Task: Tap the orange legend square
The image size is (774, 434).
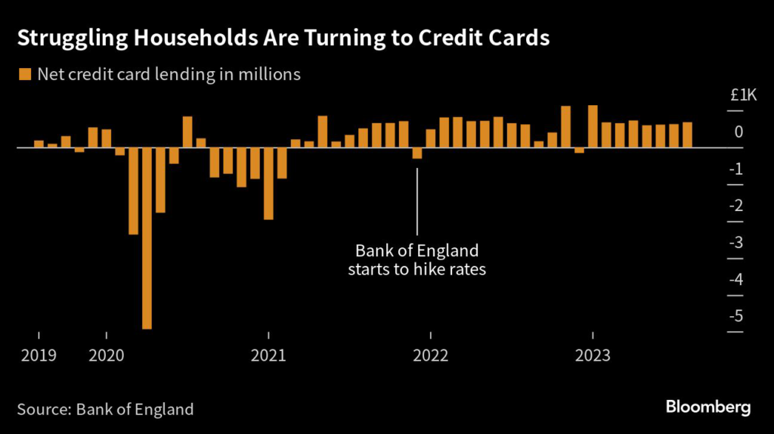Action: [24, 74]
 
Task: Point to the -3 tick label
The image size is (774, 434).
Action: [738, 243]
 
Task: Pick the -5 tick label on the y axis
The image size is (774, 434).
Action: [738, 316]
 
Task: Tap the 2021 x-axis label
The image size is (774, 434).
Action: [268, 355]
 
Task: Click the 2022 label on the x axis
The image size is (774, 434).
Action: [430, 355]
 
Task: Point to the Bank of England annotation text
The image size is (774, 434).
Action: [416, 259]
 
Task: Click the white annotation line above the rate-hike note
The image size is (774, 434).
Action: [417, 201]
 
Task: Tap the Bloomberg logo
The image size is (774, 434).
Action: [708, 408]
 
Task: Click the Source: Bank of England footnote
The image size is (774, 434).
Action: [106, 409]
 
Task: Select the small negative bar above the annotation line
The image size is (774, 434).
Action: [417, 153]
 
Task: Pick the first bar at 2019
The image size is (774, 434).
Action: [39, 144]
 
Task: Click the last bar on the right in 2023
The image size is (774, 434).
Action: [687, 135]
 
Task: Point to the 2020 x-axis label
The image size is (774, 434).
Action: [107, 355]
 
